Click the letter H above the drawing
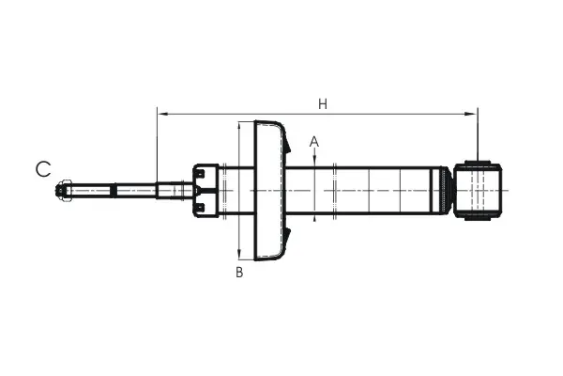point(323,104)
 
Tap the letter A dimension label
point(314,142)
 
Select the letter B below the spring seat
point(239,272)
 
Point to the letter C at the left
point(43,169)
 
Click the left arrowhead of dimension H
point(162,114)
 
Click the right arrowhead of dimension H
point(471,114)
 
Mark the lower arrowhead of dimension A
point(314,218)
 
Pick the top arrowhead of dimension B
point(239,128)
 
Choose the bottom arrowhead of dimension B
point(239,254)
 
